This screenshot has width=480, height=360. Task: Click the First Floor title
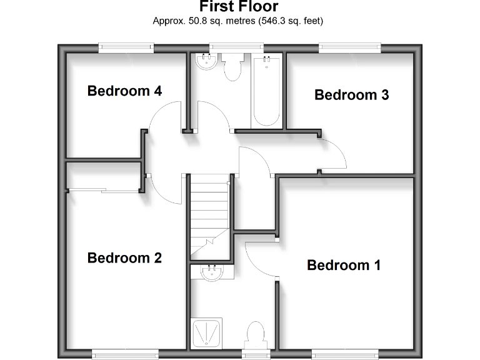pyautogui.click(x=239, y=7)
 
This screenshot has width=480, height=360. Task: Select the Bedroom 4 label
pyautogui.click(x=124, y=91)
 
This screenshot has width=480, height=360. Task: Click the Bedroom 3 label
pyautogui.click(x=351, y=95)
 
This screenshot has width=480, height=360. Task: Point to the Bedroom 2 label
pyautogui.click(x=124, y=257)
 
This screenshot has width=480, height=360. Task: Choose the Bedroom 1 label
pyautogui.click(x=343, y=265)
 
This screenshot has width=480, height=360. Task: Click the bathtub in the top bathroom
pyautogui.click(x=267, y=90)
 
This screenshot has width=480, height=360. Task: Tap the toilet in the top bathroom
pyautogui.click(x=232, y=67)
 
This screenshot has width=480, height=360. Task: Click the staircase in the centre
pyautogui.click(x=209, y=216)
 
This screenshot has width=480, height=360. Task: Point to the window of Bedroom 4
pyautogui.click(x=126, y=46)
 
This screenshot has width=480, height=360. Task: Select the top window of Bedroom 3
pyautogui.click(x=350, y=46)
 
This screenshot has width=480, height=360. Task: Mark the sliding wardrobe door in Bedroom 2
pyautogui.click(x=104, y=189)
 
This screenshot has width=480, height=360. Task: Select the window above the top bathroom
pyautogui.click(x=236, y=46)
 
